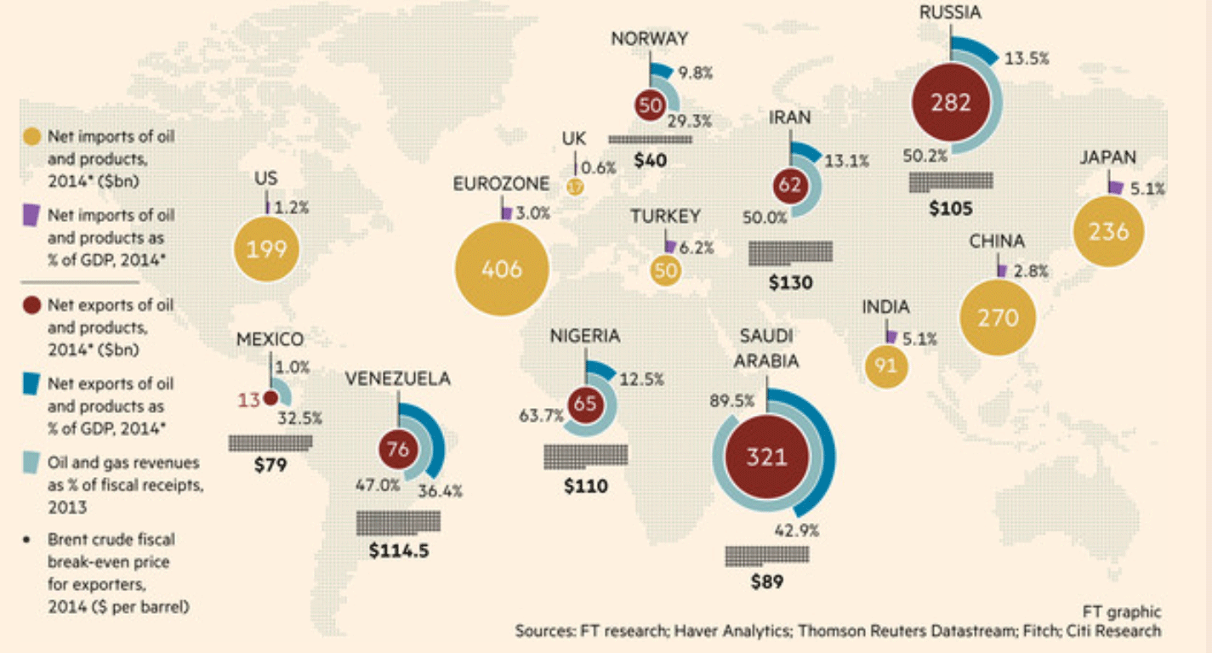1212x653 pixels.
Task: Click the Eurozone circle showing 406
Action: click(x=501, y=270)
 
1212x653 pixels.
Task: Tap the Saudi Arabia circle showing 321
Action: click(x=766, y=457)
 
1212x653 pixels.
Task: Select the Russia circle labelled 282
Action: click(x=951, y=103)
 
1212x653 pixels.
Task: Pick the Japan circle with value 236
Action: click(x=1108, y=230)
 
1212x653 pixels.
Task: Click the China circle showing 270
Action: click(x=998, y=318)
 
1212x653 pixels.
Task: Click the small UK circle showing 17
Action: click(x=576, y=186)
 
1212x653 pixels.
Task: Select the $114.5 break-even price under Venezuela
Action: click(x=399, y=550)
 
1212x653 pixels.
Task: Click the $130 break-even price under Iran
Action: click(x=790, y=283)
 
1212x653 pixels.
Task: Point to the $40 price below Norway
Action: click(x=650, y=160)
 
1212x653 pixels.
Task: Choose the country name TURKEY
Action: click(x=665, y=217)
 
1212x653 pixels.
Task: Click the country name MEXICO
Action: click(x=270, y=340)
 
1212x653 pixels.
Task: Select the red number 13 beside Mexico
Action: click(x=248, y=398)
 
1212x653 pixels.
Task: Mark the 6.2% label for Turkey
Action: click(x=695, y=248)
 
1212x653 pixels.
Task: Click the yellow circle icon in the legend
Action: click(x=32, y=137)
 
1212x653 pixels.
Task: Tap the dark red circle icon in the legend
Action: click(x=32, y=304)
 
